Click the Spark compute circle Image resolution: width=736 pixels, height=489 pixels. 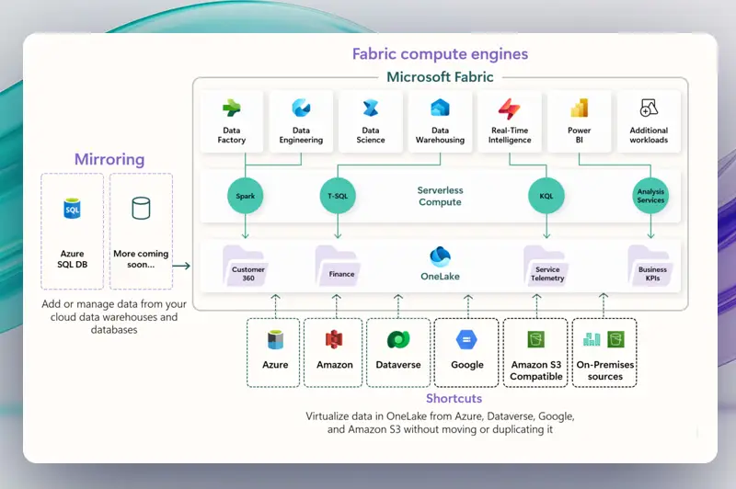click(245, 196)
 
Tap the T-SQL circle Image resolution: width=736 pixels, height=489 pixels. click(338, 196)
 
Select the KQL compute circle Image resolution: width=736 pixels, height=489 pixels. click(546, 196)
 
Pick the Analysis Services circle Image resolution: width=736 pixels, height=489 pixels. click(650, 196)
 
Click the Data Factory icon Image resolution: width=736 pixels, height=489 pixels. click(232, 108)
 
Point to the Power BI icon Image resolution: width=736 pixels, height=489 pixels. click(580, 108)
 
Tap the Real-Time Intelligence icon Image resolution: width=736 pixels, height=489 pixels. click(510, 108)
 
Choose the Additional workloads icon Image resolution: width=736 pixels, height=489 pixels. click(649, 108)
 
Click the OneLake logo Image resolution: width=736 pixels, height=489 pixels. click(440, 256)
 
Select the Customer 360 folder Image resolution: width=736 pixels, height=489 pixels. click(244, 266)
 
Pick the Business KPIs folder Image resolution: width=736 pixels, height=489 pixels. click(650, 266)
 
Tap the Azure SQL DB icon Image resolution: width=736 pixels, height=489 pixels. click(73, 209)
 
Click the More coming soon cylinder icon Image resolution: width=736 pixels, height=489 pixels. click(141, 208)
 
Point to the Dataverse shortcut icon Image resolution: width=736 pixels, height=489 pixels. click(398, 340)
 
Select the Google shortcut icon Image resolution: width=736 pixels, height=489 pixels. click(466, 340)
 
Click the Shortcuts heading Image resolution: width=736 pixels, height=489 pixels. click(454, 399)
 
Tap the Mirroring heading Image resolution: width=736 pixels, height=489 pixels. click(109, 159)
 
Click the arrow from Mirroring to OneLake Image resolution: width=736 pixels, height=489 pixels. click(181, 266)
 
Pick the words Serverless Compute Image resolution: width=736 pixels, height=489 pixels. click(441, 196)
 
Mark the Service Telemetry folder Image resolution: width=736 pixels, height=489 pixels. click(546, 266)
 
